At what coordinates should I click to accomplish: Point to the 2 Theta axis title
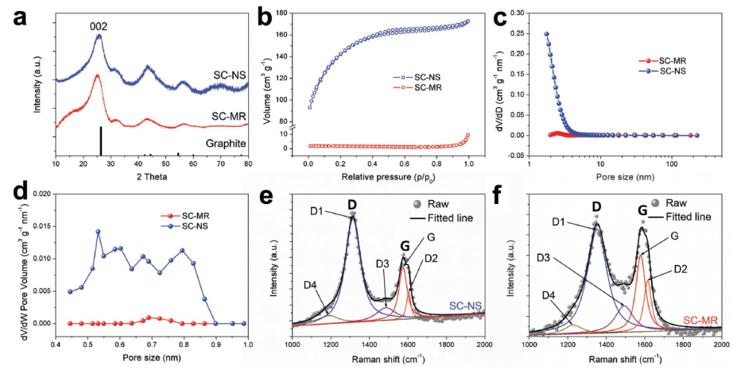pyautogui.click(x=151, y=176)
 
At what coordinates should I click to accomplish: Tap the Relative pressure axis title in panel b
pyautogui.click(x=389, y=175)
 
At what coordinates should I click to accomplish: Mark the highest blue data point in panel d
pyautogui.click(x=98, y=232)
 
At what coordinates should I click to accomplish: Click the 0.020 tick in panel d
pyautogui.click(x=39, y=194)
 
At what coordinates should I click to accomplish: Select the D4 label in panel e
pyautogui.click(x=312, y=285)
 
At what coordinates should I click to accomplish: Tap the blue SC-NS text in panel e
pyautogui.click(x=464, y=306)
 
